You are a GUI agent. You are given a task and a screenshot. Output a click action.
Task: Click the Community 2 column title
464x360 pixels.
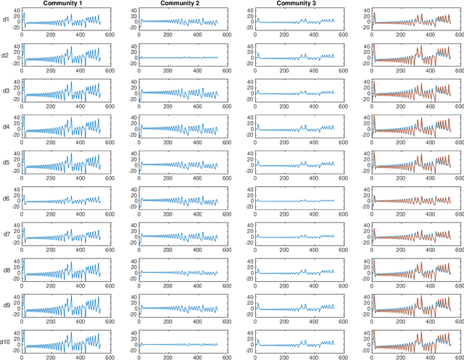181,4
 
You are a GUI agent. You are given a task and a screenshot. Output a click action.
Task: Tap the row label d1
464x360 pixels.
5,20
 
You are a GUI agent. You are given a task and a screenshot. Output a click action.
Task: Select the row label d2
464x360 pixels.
5,55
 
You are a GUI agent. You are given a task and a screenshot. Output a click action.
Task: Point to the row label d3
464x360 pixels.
5,91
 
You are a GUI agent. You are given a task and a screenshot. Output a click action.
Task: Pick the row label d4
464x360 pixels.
5,126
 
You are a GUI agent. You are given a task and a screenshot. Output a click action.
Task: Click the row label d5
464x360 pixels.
5,162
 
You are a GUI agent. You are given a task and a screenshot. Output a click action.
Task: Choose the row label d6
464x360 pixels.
5,197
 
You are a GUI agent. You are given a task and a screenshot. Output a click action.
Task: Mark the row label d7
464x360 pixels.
5,233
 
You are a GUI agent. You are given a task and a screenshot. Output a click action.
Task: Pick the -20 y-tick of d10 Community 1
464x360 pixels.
14,348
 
